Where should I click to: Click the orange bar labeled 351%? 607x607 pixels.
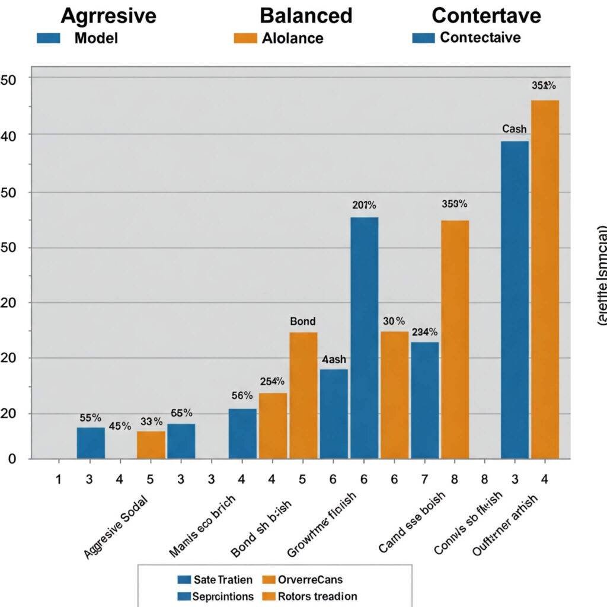click(545, 279)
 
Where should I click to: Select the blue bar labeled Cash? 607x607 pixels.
click(514, 299)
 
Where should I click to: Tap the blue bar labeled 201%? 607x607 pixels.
click(364, 338)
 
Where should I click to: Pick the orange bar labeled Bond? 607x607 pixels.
click(303, 395)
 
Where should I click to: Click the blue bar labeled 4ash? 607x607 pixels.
click(334, 414)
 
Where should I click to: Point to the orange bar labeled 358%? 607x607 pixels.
click(455, 339)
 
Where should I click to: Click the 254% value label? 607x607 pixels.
click(272, 382)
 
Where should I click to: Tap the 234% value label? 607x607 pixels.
click(424, 332)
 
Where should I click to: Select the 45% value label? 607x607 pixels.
click(120, 426)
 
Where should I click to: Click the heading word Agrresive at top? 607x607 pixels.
click(108, 15)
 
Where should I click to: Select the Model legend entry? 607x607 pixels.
click(96, 39)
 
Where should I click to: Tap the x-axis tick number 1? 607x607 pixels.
click(59, 478)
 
